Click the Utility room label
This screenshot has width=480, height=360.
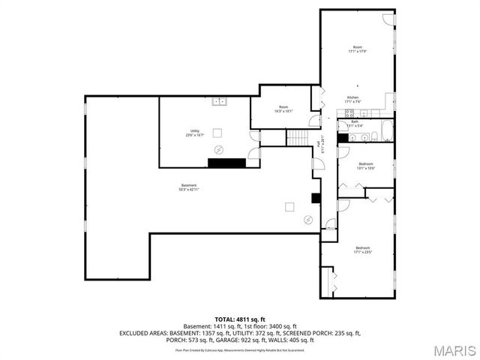point(194,133)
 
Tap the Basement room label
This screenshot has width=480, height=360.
point(188,187)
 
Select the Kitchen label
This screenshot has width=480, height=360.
point(352,99)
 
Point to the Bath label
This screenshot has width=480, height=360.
point(354,123)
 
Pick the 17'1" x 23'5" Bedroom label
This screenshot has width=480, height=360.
point(362,250)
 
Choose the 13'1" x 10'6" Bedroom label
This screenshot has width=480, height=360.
point(365,166)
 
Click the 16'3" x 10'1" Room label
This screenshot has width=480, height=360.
point(283,109)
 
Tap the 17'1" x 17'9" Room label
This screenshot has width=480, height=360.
point(357,49)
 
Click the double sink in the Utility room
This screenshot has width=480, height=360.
point(219,101)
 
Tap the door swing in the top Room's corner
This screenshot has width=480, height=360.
point(388,19)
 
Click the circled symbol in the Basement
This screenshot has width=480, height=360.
point(307,219)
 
